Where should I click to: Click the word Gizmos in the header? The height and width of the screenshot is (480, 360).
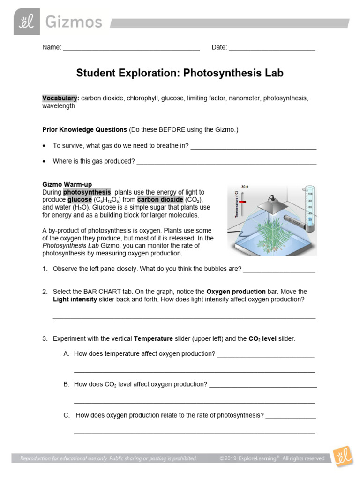tap(73, 22)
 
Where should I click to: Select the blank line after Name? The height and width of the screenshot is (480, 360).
tap(131, 48)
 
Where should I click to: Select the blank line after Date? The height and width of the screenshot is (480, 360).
tap(272, 48)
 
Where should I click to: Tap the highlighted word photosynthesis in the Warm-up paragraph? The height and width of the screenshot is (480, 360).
tap(87, 192)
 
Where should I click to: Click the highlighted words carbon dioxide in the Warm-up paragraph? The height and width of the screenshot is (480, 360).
tap(160, 200)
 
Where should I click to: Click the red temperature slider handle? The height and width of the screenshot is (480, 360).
tap(242, 201)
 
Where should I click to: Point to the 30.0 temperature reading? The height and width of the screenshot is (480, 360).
tap(245, 187)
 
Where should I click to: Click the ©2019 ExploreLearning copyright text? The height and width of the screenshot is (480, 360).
tap(272, 458)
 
